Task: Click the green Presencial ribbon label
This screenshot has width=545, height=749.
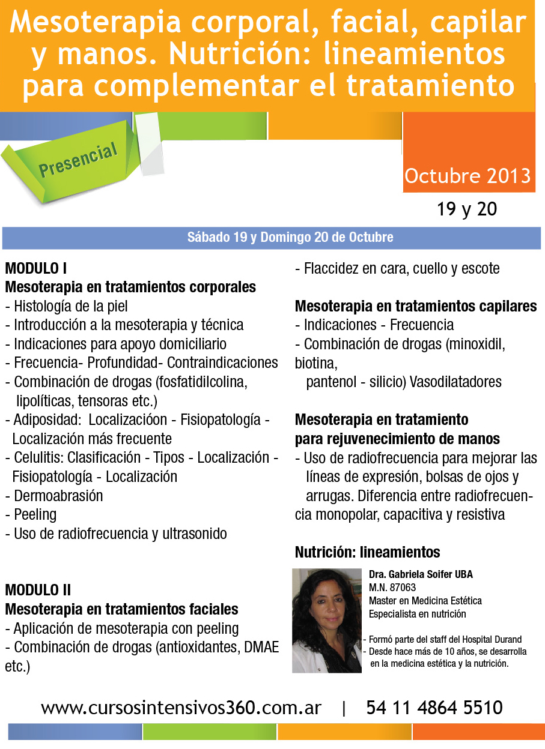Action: click(x=78, y=161)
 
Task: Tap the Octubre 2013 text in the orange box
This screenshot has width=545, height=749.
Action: click(x=467, y=176)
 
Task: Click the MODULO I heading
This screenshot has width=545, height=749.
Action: click(x=40, y=268)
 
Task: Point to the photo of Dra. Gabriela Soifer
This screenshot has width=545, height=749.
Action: click(x=326, y=620)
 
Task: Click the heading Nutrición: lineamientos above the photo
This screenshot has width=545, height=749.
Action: click(x=367, y=552)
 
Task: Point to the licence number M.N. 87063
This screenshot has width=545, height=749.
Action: click(x=392, y=588)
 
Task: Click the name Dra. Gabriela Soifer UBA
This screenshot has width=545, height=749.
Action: click(x=421, y=574)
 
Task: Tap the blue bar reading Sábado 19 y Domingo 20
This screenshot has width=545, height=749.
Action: click(x=290, y=237)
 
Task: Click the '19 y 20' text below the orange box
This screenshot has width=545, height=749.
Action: click(x=467, y=209)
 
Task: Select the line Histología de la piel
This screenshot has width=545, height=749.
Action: click(x=70, y=306)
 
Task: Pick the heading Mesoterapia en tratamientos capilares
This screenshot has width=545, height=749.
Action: click(x=415, y=306)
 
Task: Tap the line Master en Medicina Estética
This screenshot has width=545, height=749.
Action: click(x=425, y=601)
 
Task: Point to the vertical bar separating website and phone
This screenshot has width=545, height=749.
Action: click(x=344, y=709)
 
